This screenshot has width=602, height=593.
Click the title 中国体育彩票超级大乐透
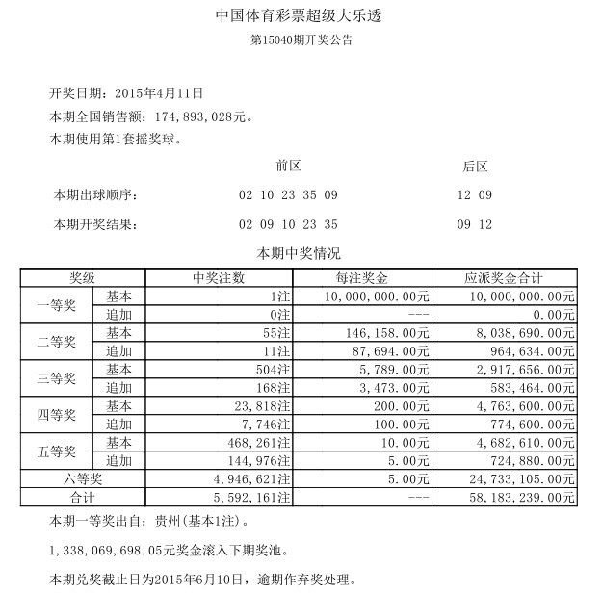coord(301,17)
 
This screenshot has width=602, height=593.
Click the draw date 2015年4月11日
coord(159,93)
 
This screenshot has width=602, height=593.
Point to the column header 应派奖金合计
coord(504,277)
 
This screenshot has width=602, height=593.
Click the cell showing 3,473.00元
coord(390,387)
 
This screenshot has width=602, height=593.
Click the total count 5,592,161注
coord(249,497)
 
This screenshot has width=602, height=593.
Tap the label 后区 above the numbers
coord(476,166)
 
